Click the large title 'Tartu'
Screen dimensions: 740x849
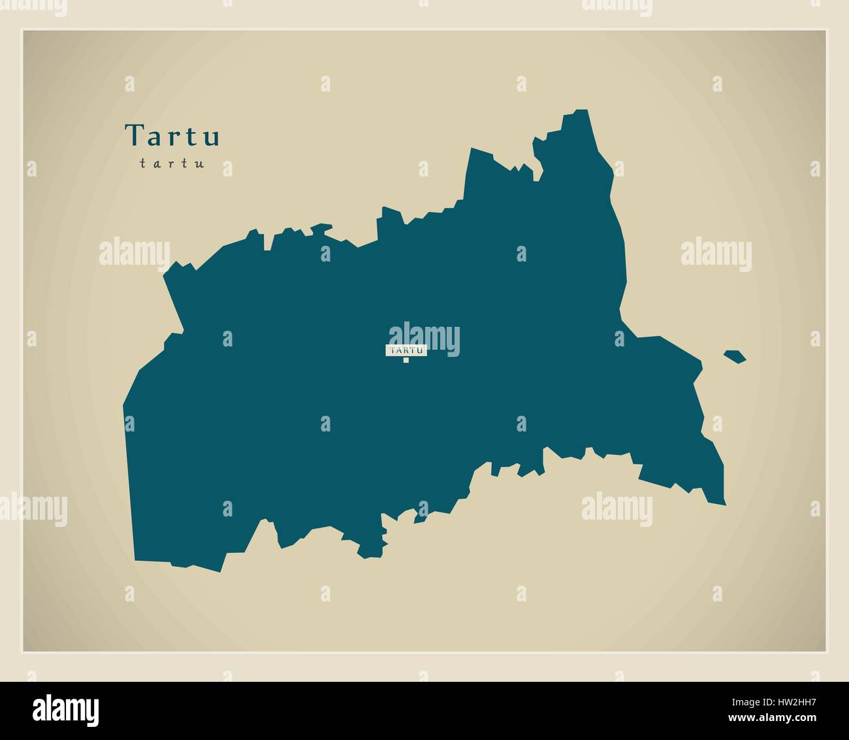[172, 135]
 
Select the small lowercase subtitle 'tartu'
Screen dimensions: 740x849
[172, 163]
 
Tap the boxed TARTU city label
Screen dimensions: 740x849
[406, 350]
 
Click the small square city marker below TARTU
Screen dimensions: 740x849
[406, 360]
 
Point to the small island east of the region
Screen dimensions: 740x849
[735, 356]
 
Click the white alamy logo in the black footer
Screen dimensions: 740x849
[67, 710]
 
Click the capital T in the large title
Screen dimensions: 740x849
[134, 135]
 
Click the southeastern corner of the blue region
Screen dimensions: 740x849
[724, 503]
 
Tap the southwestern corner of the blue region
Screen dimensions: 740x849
[135, 559]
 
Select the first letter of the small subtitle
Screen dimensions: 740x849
[142, 164]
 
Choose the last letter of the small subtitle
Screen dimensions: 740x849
[201, 164]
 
